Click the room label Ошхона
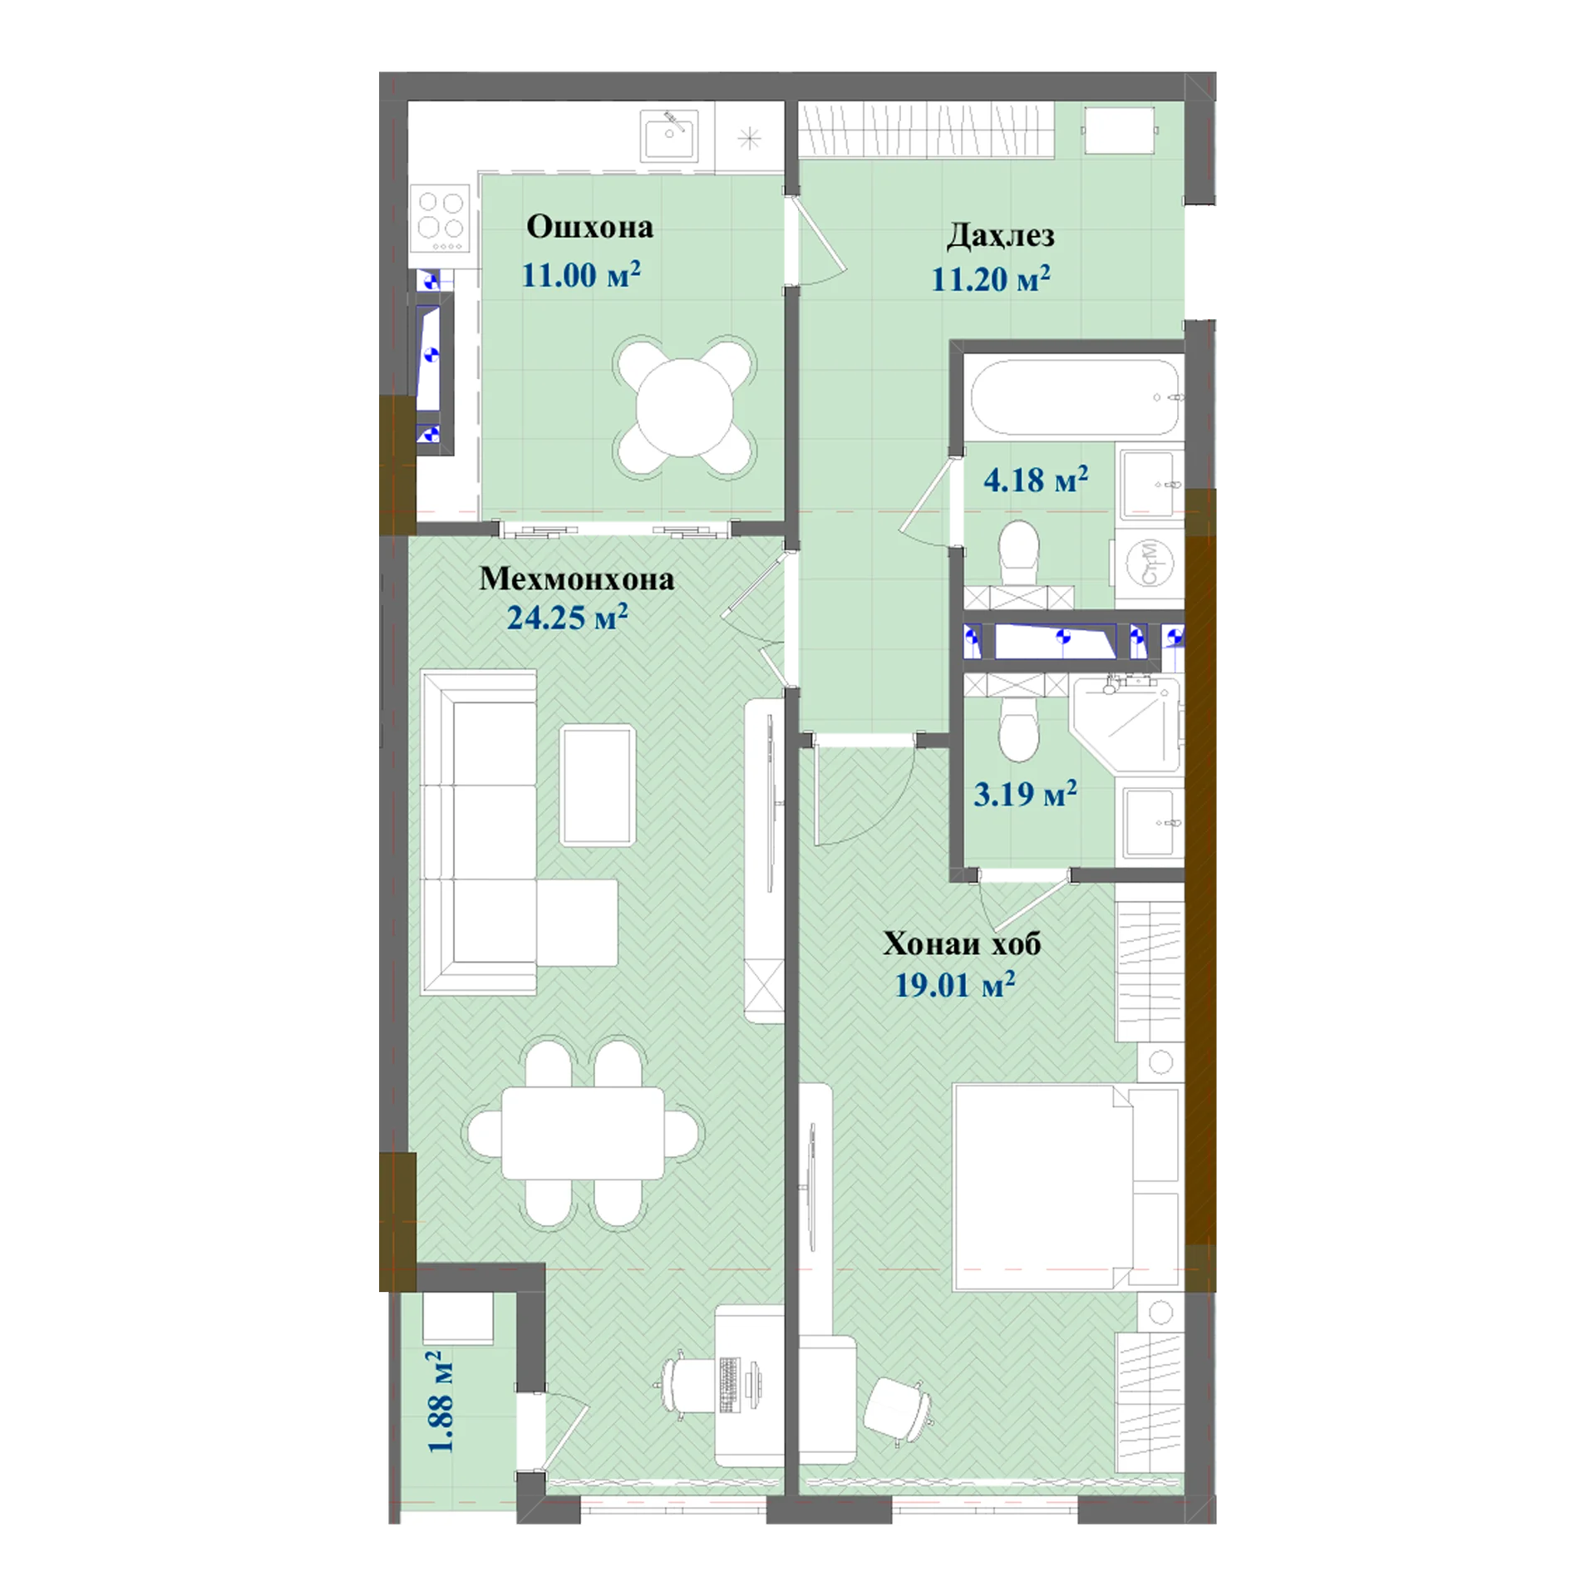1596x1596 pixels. (589, 227)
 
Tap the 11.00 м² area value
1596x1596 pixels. (581, 274)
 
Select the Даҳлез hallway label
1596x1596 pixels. (1001, 236)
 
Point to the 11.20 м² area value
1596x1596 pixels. (990, 278)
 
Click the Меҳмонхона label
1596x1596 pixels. (576, 579)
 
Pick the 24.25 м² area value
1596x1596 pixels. (567, 617)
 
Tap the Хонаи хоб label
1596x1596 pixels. (962, 943)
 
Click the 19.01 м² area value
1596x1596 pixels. (954, 985)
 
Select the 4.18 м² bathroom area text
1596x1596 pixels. (1036, 480)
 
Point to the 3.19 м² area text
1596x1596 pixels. (1025, 794)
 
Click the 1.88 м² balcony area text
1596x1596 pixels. (440, 1401)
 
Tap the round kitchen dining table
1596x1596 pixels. (684, 407)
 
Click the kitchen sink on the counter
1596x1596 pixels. (668, 135)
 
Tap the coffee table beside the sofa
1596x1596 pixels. (598, 786)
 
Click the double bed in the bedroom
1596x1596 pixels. (1067, 1187)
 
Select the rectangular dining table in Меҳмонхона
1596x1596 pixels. (583, 1132)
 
